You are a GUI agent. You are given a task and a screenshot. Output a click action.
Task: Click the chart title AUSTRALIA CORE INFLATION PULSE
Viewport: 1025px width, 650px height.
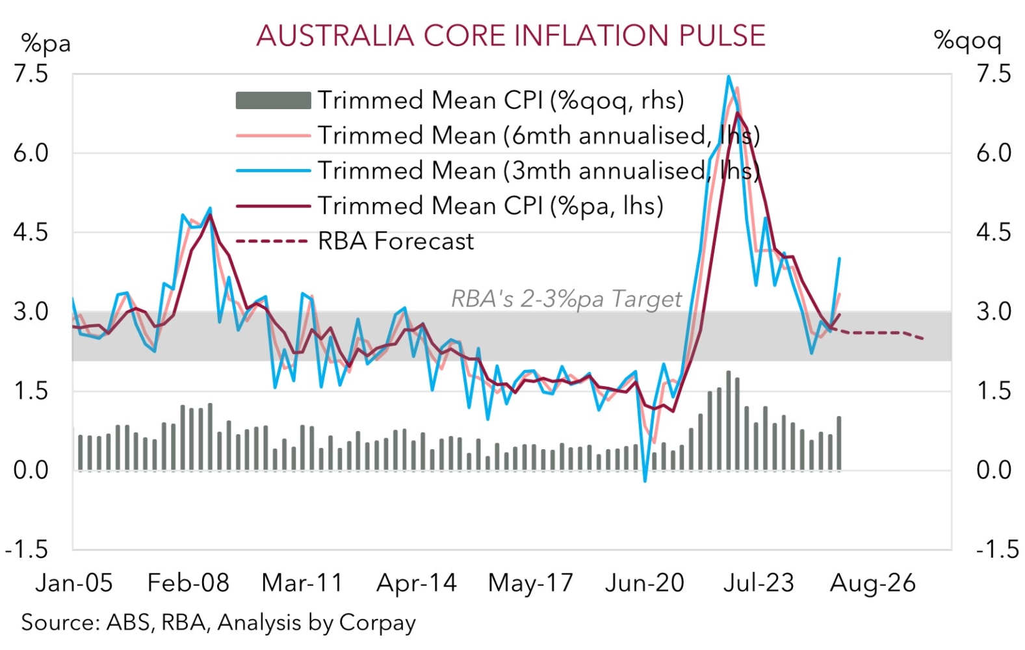pyautogui.click(x=511, y=36)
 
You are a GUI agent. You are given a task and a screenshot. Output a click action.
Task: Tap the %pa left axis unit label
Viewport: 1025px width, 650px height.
pyautogui.click(x=45, y=44)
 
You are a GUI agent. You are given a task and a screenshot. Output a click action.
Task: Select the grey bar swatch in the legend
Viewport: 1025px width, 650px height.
pyautogui.click(x=273, y=101)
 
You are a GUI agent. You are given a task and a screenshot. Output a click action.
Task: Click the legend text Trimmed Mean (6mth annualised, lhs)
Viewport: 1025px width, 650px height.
pyautogui.click(x=538, y=136)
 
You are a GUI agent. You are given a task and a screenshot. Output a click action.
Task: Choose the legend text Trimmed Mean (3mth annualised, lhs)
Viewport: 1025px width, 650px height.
pyautogui.click(x=538, y=171)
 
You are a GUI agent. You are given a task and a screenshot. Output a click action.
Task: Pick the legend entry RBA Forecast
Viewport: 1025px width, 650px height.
pyautogui.click(x=395, y=241)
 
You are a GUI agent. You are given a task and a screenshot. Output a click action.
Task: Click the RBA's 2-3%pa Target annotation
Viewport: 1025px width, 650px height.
pyautogui.click(x=566, y=299)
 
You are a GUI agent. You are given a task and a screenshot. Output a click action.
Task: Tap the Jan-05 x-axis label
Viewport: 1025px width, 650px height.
pyautogui.click(x=74, y=583)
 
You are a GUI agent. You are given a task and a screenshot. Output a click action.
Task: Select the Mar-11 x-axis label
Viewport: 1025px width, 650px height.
pyautogui.click(x=302, y=583)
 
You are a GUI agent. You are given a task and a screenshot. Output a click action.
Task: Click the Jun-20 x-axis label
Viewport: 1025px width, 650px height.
pyautogui.click(x=644, y=583)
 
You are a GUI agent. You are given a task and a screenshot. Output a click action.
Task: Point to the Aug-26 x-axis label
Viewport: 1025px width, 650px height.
pyautogui.click(x=872, y=583)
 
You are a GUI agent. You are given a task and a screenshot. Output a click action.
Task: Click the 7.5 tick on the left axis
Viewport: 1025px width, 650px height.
pyautogui.click(x=31, y=73)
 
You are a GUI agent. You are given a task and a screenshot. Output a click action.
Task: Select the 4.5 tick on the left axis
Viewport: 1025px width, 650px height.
pyautogui.click(x=31, y=232)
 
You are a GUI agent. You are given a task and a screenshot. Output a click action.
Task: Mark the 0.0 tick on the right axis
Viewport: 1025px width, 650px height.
pyautogui.click(x=994, y=470)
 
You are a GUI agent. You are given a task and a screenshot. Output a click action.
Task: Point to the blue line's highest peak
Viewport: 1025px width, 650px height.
pyautogui.click(x=729, y=77)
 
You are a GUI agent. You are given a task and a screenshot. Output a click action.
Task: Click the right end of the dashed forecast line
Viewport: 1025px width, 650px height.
pyautogui.click(x=923, y=339)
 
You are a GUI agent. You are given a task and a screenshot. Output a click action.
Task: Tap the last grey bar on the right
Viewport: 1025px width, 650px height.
pyautogui.click(x=839, y=443)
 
